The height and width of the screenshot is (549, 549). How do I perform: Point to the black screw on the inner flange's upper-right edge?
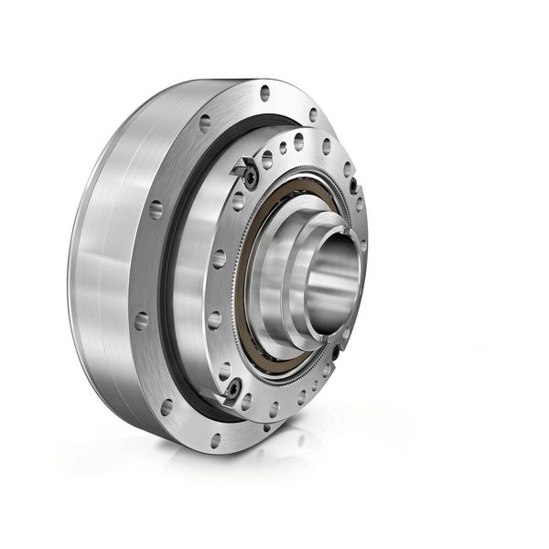353,186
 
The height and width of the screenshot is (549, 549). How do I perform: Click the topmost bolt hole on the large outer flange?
265,92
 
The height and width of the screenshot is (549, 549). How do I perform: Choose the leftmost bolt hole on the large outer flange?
141,321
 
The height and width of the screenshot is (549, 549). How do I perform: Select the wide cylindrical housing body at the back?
101,274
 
